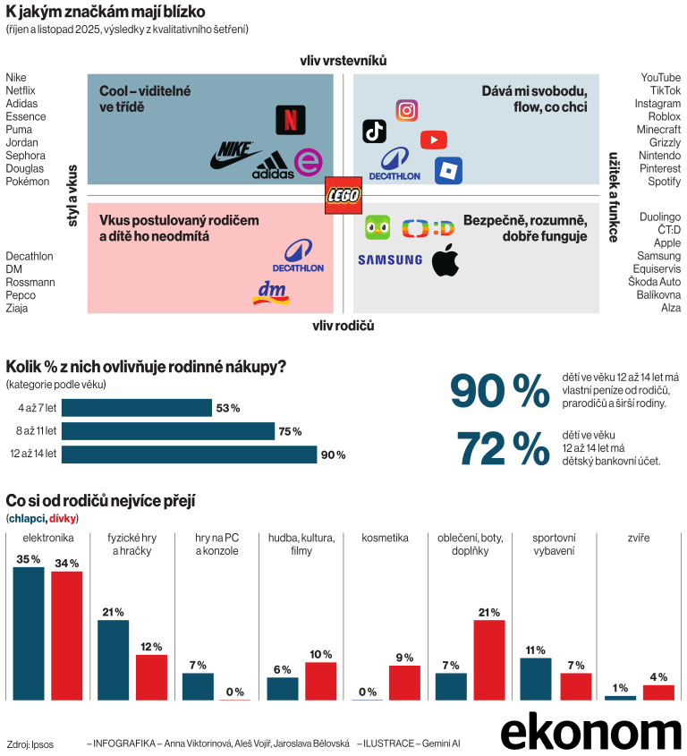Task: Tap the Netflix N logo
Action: point(289,120)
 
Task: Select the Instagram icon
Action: point(406,110)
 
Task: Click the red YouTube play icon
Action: point(433,140)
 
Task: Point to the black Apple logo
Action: point(445,262)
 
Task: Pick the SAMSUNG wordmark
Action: point(390,260)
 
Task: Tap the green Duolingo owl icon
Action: point(377,227)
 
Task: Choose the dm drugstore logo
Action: point(272,293)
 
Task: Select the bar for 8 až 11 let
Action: point(168,431)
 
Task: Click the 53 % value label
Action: point(227,409)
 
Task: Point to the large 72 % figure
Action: point(504,449)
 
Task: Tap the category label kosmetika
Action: point(385,539)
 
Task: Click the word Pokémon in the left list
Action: point(28,182)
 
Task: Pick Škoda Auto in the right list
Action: point(656,282)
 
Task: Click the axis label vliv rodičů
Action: point(343,326)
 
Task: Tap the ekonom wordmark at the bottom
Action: point(590,733)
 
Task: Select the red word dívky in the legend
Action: point(63,519)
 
